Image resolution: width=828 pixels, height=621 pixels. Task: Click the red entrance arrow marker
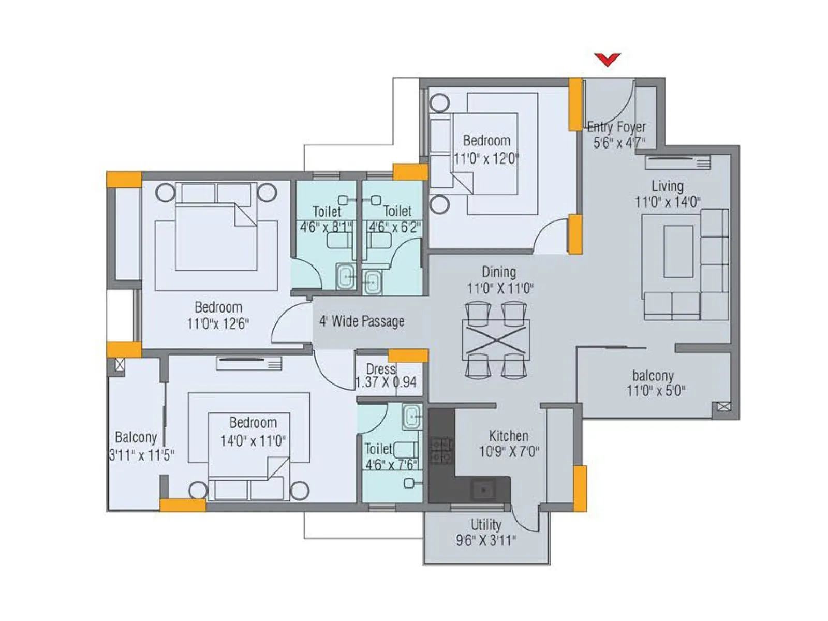tap(607, 60)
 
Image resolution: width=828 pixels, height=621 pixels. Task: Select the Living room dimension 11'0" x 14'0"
tap(668, 202)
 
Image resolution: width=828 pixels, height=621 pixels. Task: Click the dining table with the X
tap(496, 340)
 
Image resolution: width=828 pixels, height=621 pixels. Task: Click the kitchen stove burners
tap(441, 450)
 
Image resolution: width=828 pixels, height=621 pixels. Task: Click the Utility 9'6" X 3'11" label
tap(485, 533)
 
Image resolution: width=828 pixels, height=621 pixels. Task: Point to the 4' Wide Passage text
tap(362, 321)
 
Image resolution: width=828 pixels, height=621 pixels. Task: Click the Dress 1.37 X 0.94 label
tap(386, 376)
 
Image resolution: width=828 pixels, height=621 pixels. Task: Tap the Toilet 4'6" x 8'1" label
tap(327, 219)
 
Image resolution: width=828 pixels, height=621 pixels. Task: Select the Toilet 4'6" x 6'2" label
tap(396, 219)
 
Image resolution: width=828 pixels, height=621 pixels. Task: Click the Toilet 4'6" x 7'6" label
tap(390, 456)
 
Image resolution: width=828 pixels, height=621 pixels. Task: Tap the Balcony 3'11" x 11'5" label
tap(140, 446)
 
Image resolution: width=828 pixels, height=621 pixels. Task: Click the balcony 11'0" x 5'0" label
tap(655, 383)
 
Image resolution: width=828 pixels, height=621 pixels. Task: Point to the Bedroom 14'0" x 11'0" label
tap(253, 432)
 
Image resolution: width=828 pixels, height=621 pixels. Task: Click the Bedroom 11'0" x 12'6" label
tap(218, 315)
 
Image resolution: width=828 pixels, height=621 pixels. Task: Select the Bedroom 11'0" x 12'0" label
tap(486, 149)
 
